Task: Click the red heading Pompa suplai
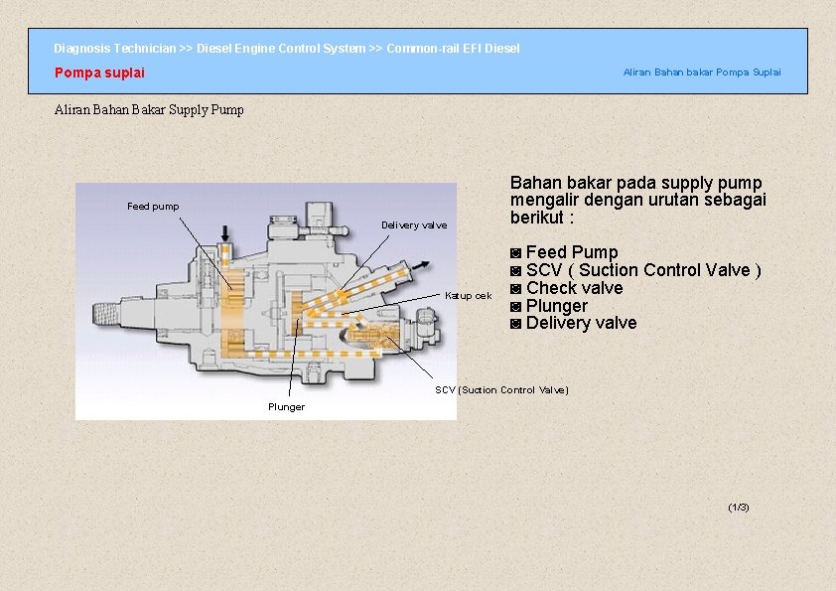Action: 99,73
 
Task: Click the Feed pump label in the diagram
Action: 153,207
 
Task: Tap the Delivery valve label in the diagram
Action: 414,225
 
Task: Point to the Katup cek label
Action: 468,296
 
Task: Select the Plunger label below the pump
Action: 286,407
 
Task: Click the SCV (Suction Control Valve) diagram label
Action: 501,390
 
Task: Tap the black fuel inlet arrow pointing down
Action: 225,233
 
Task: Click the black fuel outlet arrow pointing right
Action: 420,265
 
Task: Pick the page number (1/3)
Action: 739,507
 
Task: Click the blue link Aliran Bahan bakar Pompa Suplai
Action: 702,72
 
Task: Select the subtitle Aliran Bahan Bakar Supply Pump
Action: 149,110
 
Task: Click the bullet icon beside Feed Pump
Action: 515,253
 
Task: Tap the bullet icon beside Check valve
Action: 515,289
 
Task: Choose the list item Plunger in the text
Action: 557,306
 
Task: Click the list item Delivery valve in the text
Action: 581,323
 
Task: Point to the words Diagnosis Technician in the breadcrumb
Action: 114,49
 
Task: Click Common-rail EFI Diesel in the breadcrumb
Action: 453,49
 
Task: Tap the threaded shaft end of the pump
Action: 105,314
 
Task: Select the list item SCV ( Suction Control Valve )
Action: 643,270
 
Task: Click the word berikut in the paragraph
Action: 537,218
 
